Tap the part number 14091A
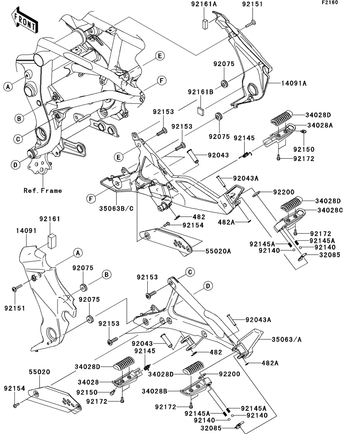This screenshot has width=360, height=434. [294, 83]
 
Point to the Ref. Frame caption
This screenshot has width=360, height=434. [43, 190]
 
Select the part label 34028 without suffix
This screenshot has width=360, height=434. [89, 382]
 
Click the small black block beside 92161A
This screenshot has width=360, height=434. [205, 23]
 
